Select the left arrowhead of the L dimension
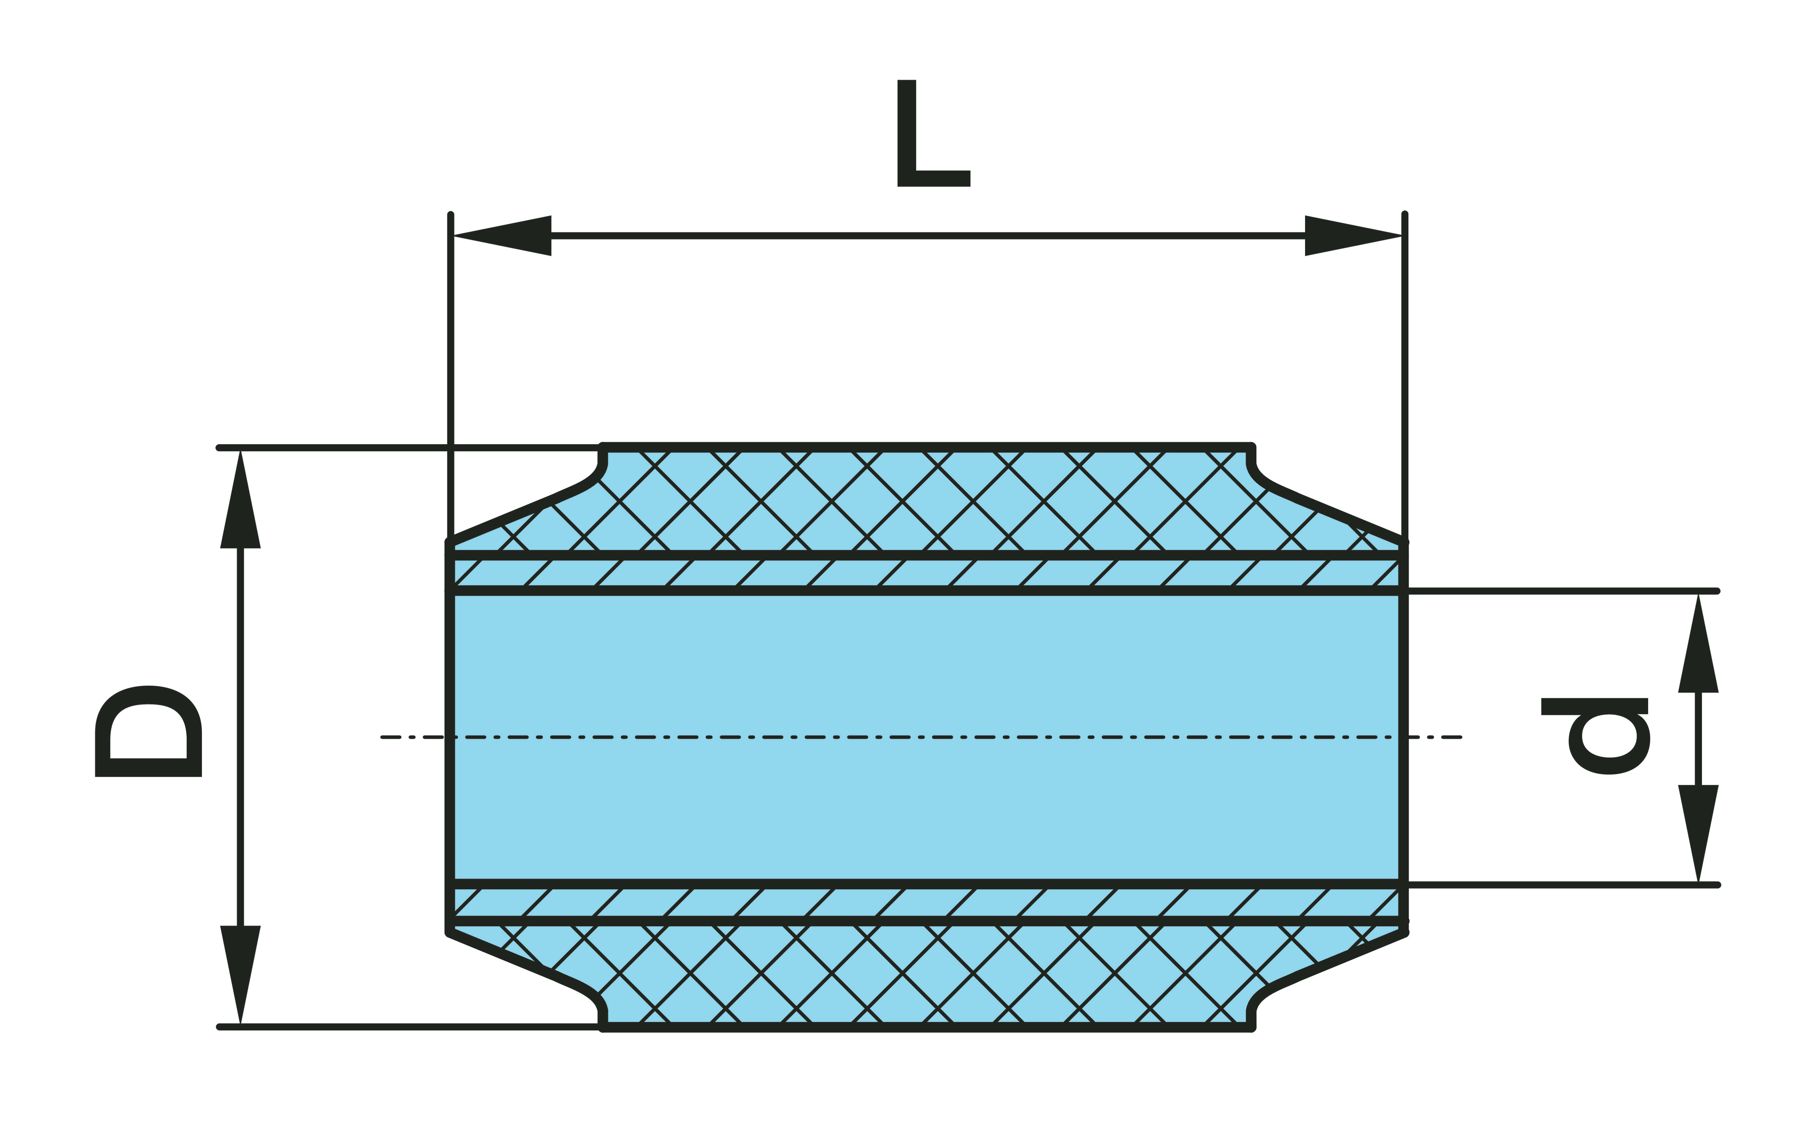[502, 236]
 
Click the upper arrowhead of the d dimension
[1698, 643]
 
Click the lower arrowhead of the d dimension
[1698, 834]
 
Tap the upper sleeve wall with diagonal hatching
[927, 573]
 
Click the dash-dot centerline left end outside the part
[382, 737]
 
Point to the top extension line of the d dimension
[1563, 591]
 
